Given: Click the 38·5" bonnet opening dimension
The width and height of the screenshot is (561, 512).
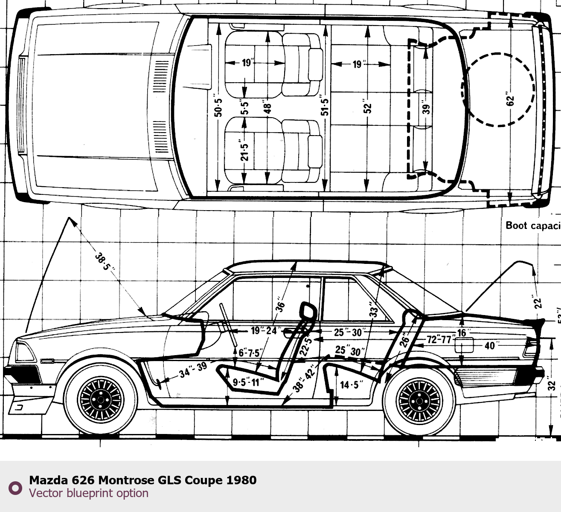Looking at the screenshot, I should [105, 262].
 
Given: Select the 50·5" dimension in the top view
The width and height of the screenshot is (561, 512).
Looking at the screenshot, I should [218, 107].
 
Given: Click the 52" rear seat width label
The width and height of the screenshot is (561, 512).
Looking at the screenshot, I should [367, 108].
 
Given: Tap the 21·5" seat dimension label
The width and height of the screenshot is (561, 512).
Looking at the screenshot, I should [244, 151].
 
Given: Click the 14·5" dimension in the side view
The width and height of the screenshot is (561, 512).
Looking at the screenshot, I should [351, 385].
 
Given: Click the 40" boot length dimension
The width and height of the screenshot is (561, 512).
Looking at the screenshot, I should [490, 345].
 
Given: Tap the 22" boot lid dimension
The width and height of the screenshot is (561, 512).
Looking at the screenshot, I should [537, 302].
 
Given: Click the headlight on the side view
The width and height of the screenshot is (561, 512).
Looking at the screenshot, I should [25, 352].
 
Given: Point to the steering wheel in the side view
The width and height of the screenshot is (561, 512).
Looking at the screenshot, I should [228, 324].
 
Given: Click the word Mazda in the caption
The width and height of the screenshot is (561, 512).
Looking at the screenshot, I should [48, 480].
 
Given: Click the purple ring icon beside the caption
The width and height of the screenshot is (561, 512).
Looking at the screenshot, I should [15, 488].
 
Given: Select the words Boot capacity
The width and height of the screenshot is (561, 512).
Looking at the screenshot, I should [532, 226].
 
